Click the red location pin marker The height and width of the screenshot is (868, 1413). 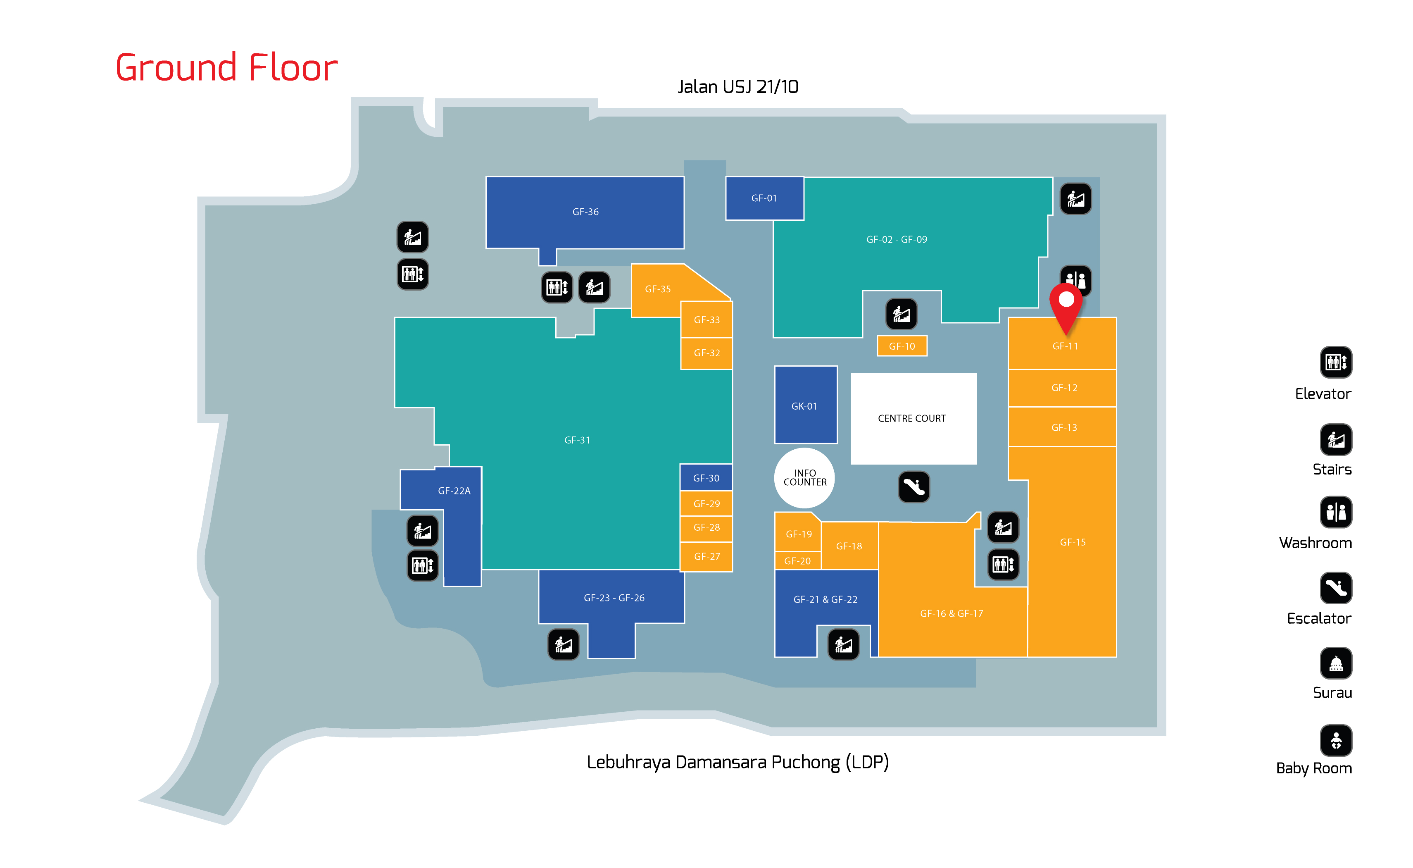click(x=1066, y=308)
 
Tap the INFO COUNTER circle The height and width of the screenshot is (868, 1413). click(x=804, y=478)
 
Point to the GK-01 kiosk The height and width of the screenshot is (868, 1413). click(x=806, y=405)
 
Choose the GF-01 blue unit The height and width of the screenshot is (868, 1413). click(x=764, y=198)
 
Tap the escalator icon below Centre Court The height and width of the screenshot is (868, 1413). click(x=913, y=487)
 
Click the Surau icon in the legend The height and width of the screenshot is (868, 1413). click(x=1336, y=663)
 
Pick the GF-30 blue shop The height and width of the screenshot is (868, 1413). click(x=706, y=478)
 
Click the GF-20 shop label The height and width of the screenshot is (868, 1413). click(x=797, y=561)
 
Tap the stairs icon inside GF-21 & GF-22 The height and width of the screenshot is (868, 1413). click(x=843, y=644)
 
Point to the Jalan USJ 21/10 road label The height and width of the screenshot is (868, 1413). click(x=738, y=87)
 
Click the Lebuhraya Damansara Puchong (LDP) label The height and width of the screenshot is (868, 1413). click(x=738, y=762)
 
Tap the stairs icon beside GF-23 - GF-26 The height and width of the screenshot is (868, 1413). click(x=564, y=644)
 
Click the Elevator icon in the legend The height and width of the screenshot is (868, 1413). click(x=1336, y=362)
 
